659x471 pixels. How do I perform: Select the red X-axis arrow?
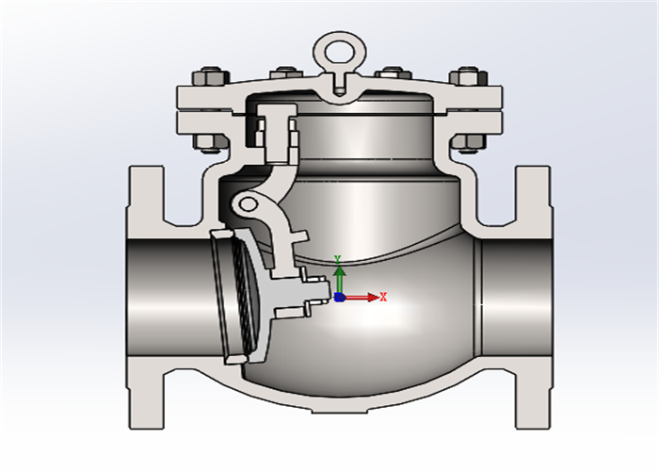click(x=363, y=298)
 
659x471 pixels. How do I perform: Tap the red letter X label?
click(x=384, y=297)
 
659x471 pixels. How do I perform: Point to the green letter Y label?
click(x=337, y=258)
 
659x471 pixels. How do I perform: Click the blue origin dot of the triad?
click(x=340, y=298)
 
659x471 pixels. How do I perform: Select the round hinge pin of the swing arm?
click(x=247, y=203)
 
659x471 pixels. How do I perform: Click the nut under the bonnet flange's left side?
click(x=209, y=143)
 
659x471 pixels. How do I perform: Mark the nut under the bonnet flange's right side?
click(x=467, y=143)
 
